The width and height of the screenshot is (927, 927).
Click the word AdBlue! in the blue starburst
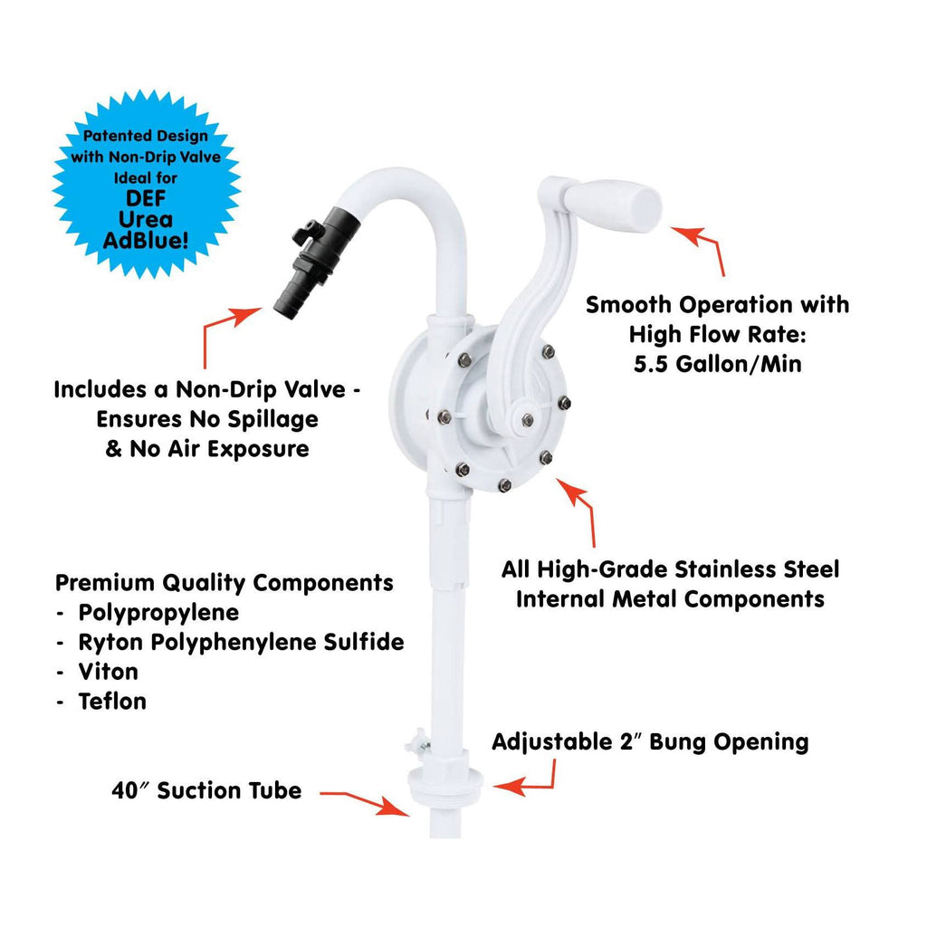(x=146, y=241)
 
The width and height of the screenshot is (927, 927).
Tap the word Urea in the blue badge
(x=146, y=219)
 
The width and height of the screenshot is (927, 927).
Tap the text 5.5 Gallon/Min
(x=718, y=364)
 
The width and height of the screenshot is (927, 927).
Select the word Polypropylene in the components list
(x=158, y=613)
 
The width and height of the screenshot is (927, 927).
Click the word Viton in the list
(x=109, y=672)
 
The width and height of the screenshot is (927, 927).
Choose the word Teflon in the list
(x=112, y=702)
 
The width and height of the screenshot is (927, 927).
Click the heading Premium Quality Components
(x=225, y=584)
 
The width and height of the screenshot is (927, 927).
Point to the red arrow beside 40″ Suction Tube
(x=365, y=802)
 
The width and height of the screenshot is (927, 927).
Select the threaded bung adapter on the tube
(x=445, y=781)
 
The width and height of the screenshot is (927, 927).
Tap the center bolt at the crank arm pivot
(x=528, y=420)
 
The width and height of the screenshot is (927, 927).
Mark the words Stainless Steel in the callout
(x=757, y=569)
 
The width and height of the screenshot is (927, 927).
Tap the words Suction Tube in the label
(x=229, y=790)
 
